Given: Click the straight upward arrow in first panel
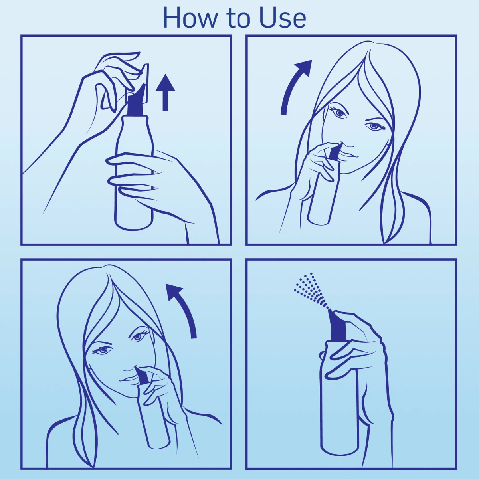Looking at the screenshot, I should (x=165, y=92).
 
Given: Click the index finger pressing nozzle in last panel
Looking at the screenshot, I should (x=351, y=319).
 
